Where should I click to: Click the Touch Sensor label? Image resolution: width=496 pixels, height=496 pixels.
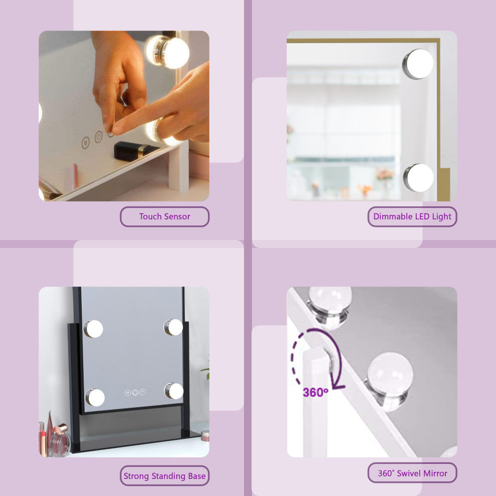click(x=164, y=216)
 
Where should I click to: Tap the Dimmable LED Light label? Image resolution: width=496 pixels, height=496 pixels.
click(x=412, y=216)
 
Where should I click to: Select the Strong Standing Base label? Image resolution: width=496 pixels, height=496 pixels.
click(x=164, y=476)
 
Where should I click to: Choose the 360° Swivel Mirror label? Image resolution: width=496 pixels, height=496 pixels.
click(x=412, y=473)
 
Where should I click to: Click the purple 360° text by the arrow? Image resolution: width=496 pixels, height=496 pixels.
click(x=315, y=392)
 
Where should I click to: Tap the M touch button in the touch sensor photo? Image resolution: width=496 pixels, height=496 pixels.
click(x=85, y=143)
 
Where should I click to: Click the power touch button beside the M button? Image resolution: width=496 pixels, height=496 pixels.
click(x=99, y=137)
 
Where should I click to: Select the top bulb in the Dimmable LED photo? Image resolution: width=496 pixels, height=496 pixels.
click(x=418, y=64)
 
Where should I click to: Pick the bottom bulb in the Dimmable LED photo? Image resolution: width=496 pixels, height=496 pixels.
click(x=418, y=178)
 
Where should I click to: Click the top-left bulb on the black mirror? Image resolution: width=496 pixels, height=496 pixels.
click(x=93, y=329)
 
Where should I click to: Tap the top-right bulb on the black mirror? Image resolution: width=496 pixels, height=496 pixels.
click(x=173, y=327)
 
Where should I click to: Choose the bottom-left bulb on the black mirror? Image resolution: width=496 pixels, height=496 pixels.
click(x=95, y=397)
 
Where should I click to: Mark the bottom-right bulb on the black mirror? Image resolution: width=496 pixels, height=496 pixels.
click(x=174, y=391)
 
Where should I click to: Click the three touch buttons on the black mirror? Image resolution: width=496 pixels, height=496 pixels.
click(x=135, y=392)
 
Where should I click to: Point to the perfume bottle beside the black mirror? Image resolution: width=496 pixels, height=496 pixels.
click(x=60, y=440)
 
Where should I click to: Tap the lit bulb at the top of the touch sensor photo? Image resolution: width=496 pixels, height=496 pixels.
click(x=167, y=52)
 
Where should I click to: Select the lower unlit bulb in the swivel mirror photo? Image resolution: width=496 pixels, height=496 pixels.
click(x=389, y=381)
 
